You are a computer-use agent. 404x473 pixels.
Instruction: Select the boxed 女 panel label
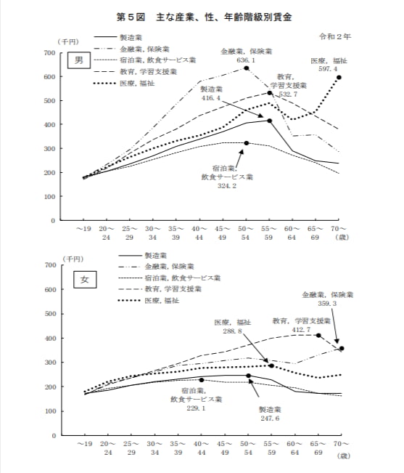pyautogui.click(x=83, y=281)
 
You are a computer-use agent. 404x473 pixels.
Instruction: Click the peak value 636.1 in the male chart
pyautogui.click(x=245, y=60)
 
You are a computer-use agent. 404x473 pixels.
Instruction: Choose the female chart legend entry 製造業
pyautogui.click(x=157, y=256)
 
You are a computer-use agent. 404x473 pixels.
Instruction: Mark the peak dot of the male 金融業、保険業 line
pyautogui.click(x=247, y=68)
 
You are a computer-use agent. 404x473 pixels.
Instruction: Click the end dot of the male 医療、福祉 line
pyautogui.click(x=339, y=77)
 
